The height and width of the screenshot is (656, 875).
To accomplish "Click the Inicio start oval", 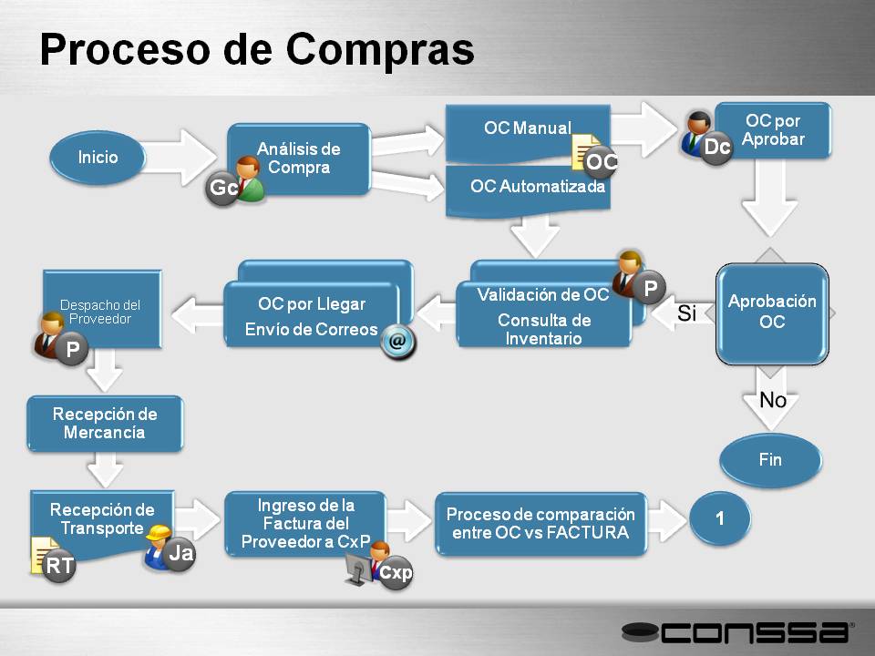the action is coord(98,158).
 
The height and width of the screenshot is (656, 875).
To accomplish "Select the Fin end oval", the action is coord(771,459).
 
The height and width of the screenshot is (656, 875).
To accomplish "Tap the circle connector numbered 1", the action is coord(720,518).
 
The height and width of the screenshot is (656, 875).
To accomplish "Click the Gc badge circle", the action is coord(222,188).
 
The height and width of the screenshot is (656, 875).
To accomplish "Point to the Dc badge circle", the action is coord(716,148).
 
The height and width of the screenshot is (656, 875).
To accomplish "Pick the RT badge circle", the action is coord(59,566).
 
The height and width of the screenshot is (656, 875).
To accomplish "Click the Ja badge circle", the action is coord(180,553).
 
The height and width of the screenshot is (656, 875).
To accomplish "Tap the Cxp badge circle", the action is coord(396,572).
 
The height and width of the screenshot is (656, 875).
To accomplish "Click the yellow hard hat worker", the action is coord(157,546).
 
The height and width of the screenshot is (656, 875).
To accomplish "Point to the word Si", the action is coord(687,313).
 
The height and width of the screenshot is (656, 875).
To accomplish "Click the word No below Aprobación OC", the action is coord(773,400).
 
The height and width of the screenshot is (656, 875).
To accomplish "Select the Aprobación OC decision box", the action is coord(772,313).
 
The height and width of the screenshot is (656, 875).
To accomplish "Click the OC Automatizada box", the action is coord(528,190).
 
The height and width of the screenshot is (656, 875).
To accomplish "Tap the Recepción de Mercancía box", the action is coord(105,423).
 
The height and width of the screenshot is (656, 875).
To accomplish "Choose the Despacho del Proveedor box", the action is coord(102,310).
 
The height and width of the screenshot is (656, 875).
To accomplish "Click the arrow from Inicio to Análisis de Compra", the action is coord(179,157).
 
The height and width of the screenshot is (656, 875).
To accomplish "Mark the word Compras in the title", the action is coord(380,49).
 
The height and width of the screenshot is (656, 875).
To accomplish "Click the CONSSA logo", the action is coord(736,632).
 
